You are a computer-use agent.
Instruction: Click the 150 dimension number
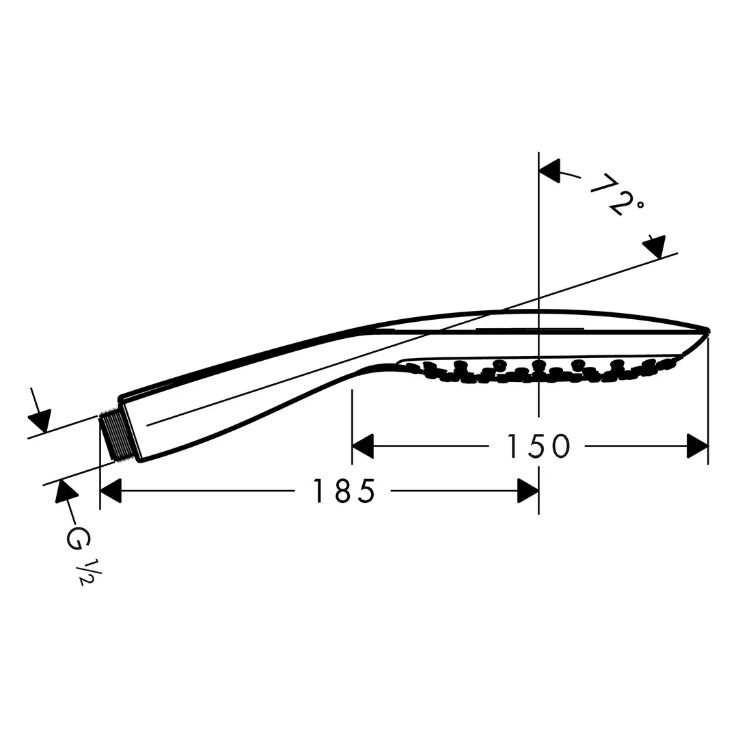(x=538, y=446)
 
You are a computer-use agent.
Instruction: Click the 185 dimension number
(x=344, y=491)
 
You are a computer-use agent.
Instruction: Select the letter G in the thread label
(x=78, y=538)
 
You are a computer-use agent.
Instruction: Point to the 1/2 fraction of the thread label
(x=86, y=571)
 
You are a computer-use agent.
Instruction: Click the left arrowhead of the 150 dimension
(x=363, y=446)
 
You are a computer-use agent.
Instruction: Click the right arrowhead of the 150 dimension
(x=698, y=446)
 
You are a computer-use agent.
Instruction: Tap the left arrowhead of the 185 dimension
(x=111, y=491)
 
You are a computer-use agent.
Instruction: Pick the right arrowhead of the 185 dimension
(x=528, y=491)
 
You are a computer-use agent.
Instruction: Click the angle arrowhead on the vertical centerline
(x=549, y=170)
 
